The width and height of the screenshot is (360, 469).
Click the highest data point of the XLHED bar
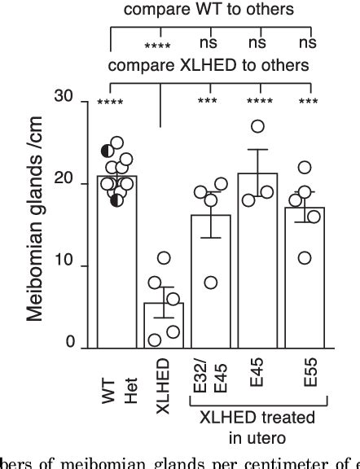tap(163, 258)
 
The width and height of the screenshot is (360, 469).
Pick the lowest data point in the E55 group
tap(305, 258)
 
